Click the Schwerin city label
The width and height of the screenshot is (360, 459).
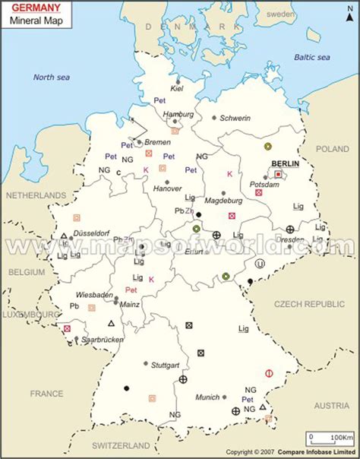pyautogui.click(x=235, y=118)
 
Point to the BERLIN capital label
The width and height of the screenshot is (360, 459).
pyautogui.click(x=285, y=163)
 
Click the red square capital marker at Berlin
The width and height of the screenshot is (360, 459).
pyautogui.click(x=278, y=174)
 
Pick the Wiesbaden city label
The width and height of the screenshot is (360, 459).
pyautogui.click(x=94, y=294)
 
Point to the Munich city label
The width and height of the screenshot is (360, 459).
pyautogui.click(x=207, y=397)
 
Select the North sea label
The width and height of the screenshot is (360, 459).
pyautogui.click(x=51, y=76)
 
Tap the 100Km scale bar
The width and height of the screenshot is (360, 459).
pyautogui.click(x=331, y=438)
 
